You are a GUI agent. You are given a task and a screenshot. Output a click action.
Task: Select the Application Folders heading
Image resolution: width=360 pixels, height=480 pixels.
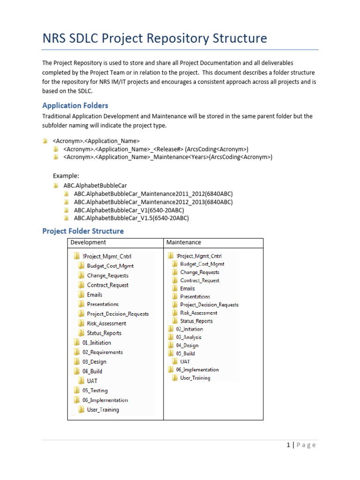[x=75, y=105]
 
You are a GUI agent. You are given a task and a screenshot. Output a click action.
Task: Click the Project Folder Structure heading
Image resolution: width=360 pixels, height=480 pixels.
[x=83, y=231]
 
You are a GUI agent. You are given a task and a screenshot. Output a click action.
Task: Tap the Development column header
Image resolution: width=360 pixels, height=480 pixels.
[x=88, y=242]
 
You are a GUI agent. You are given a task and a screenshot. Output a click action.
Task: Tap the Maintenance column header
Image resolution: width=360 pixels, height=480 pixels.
[x=184, y=242]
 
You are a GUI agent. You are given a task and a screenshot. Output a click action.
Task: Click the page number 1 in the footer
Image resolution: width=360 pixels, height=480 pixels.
[x=288, y=445]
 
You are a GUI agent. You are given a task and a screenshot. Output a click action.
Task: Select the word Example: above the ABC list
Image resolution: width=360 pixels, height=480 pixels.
[x=65, y=175]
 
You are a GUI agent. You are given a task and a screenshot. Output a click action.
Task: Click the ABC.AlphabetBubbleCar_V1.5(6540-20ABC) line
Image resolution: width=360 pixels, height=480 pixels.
[x=131, y=218]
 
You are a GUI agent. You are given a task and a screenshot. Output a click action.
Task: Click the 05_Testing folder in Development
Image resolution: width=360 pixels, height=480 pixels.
[x=95, y=390]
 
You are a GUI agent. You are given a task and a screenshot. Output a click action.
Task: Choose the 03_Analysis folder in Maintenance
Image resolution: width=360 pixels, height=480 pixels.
[x=188, y=337]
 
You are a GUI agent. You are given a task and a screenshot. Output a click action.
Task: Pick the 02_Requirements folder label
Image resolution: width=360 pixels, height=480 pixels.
[x=102, y=352]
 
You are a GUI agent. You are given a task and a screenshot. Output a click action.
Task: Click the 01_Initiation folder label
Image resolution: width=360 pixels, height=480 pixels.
[x=97, y=343]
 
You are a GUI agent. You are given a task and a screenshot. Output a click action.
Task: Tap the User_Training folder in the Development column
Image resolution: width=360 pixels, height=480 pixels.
[x=103, y=410]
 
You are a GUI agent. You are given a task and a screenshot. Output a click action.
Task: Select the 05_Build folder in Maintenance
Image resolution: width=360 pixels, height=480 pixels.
[x=185, y=353]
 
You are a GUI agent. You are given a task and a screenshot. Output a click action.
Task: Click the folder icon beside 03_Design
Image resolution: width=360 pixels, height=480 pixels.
[x=76, y=362]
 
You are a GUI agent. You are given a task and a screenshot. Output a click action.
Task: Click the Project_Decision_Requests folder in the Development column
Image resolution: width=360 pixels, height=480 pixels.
[x=118, y=314]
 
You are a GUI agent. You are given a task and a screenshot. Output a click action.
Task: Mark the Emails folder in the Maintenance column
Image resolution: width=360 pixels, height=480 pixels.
[x=187, y=288]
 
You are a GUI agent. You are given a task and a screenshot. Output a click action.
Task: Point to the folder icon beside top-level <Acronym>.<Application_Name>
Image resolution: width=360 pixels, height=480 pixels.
[x=45, y=141]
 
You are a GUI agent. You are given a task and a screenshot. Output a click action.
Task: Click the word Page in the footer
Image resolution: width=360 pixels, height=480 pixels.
[x=306, y=445]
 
